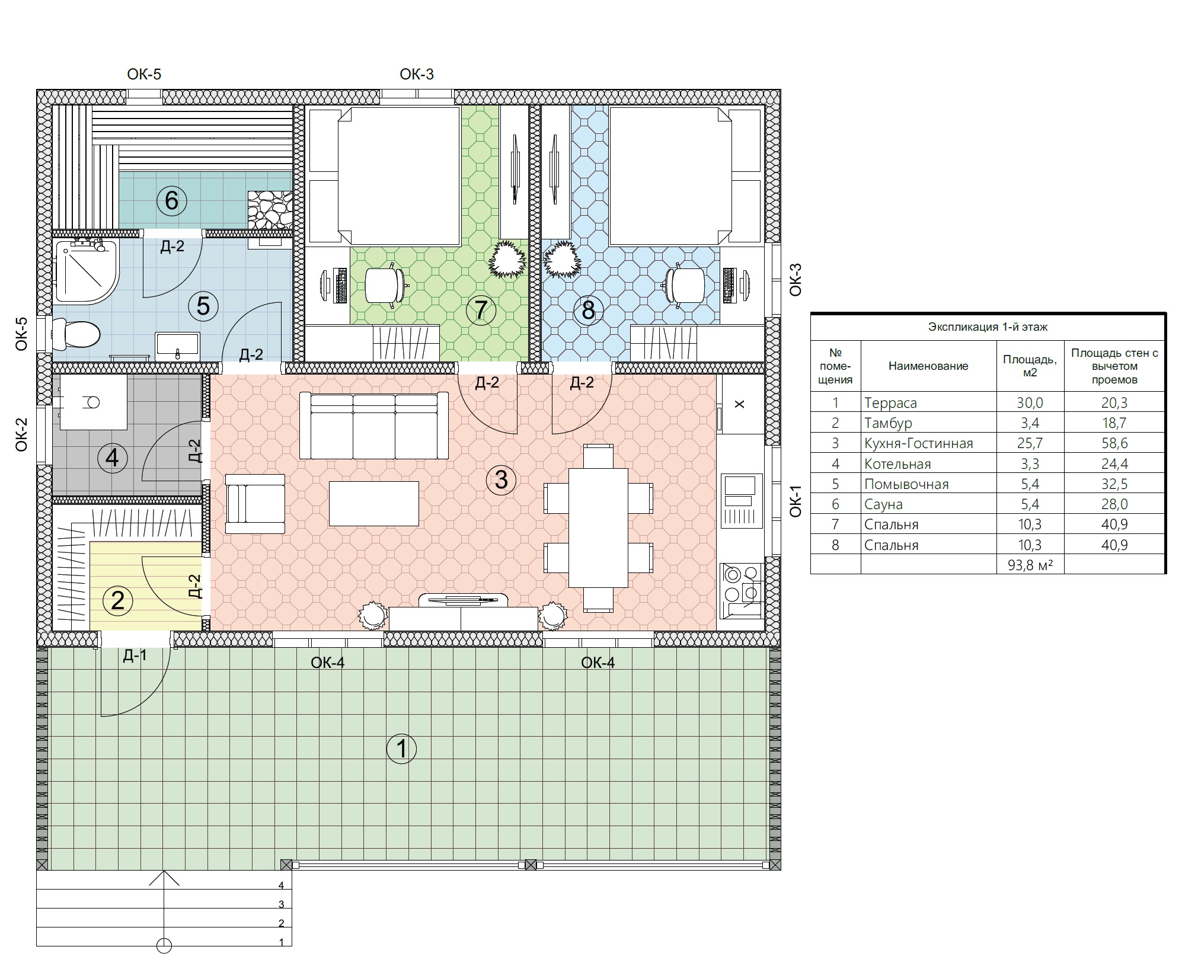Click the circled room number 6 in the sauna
(171, 201)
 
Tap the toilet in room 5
(75, 334)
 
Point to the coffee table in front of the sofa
(373, 503)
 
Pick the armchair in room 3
(255, 503)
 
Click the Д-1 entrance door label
(135, 655)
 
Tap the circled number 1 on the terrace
(401, 749)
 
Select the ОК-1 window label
(795, 501)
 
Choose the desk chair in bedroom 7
(385, 286)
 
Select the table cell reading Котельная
(897, 463)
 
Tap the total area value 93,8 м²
(1030, 565)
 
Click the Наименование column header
(928, 366)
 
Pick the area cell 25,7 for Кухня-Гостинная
(1030, 443)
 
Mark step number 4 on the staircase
(282, 885)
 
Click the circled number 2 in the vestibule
(117, 600)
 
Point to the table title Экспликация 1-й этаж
(988, 327)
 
